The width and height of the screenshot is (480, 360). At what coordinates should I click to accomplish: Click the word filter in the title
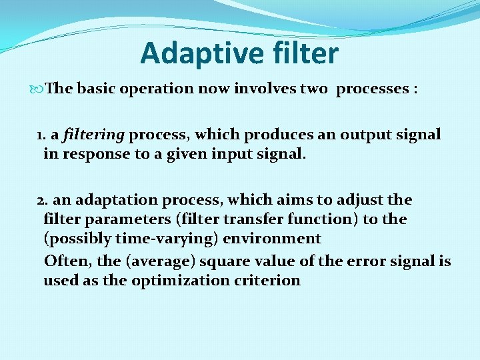302,53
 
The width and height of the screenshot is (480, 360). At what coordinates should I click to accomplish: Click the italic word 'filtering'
94,135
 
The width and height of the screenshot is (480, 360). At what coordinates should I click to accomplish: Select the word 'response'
91,154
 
